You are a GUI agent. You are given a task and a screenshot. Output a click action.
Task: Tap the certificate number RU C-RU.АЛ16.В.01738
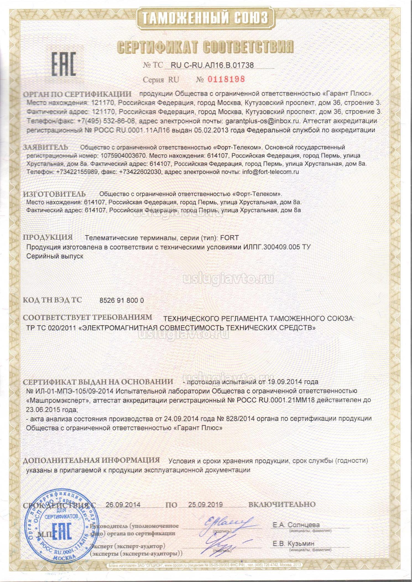212,65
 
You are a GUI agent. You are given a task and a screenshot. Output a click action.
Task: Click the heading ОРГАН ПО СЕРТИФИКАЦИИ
77,94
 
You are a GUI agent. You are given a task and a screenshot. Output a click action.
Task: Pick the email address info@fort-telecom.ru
270,172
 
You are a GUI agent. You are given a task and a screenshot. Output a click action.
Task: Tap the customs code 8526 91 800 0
121,301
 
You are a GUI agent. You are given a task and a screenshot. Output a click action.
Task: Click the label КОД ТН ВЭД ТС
52,300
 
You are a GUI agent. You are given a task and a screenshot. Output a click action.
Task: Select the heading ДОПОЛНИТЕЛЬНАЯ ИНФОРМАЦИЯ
91,460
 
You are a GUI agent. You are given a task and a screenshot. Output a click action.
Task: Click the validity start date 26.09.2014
123,505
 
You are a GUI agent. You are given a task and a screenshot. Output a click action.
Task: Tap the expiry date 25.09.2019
205,505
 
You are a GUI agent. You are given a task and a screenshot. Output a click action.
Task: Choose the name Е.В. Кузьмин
293,544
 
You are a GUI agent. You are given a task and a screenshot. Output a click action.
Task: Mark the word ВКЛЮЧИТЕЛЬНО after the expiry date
282,505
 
